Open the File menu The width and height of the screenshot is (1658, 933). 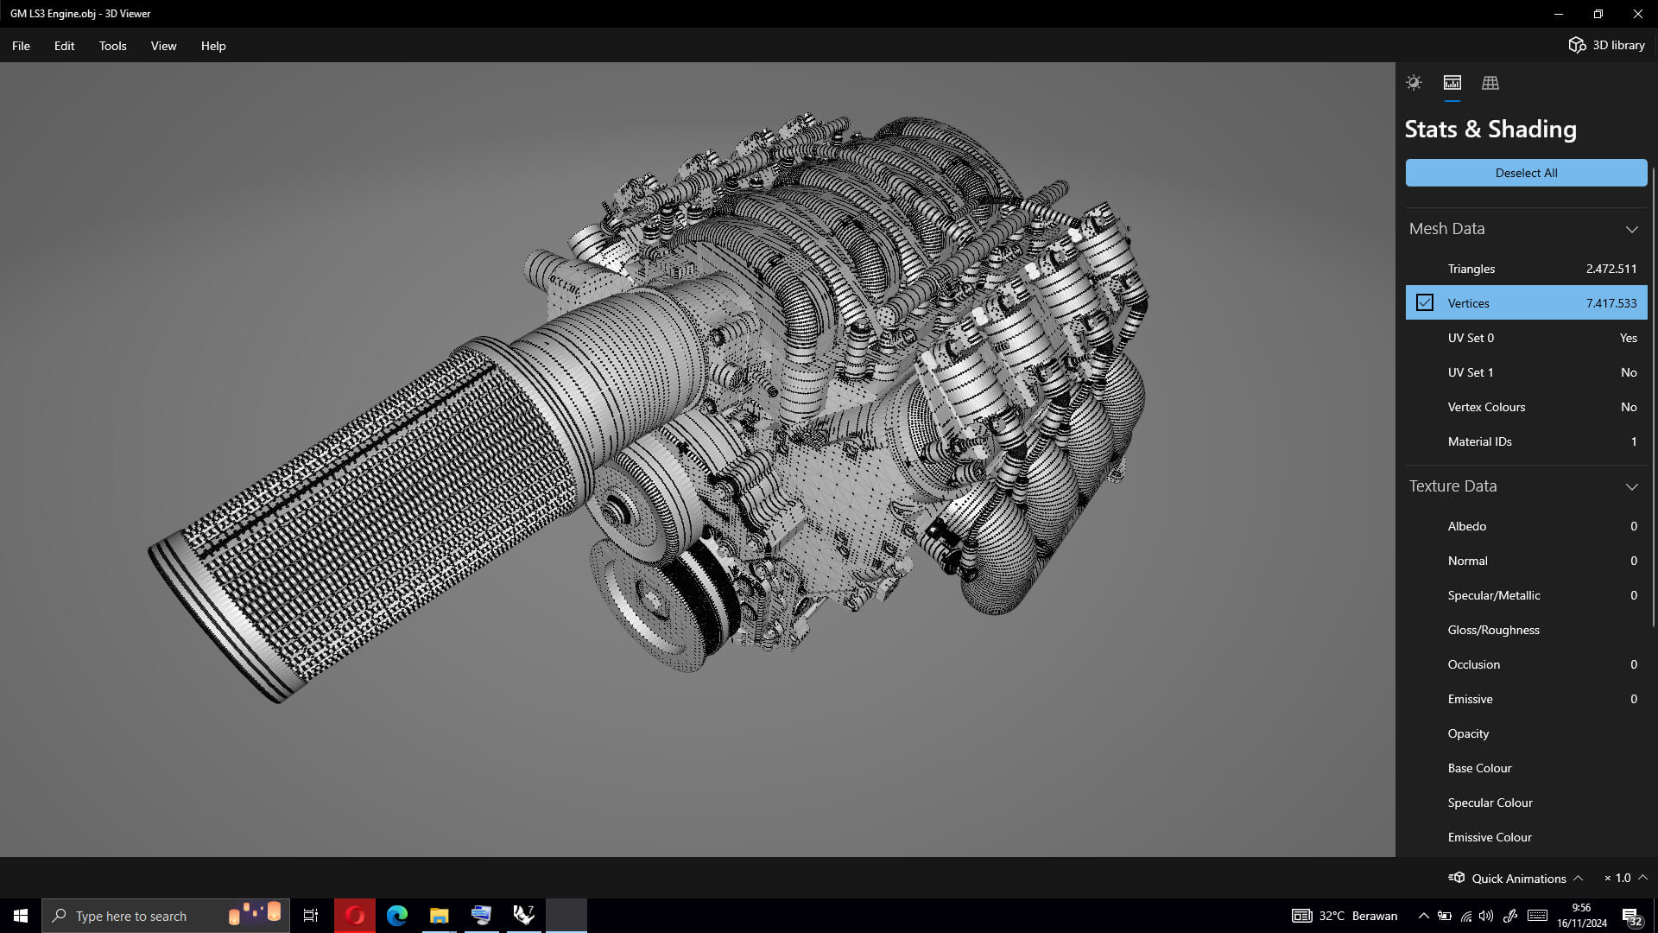pos(21,46)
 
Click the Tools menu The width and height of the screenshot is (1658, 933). pos(112,46)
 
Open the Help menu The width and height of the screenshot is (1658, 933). pos(213,46)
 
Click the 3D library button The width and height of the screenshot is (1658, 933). pos(1606,45)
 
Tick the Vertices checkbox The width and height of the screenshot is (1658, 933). pos(1425,303)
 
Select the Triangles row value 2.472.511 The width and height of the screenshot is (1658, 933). pos(1611,269)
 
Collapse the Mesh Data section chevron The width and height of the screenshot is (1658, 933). pos(1631,229)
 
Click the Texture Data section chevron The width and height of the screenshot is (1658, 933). pos(1631,486)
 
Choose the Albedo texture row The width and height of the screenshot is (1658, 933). pos(1467,526)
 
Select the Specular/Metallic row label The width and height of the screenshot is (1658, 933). pos(1494,595)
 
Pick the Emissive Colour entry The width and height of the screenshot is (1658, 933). pos(1490,837)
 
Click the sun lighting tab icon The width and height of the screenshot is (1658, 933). pos(1414,83)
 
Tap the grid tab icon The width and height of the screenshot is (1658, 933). pos(1490,83)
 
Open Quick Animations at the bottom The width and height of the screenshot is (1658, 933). pos(1517,878)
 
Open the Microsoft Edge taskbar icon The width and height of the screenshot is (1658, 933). pos(397,916)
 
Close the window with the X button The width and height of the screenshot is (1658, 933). pos(1637,14)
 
